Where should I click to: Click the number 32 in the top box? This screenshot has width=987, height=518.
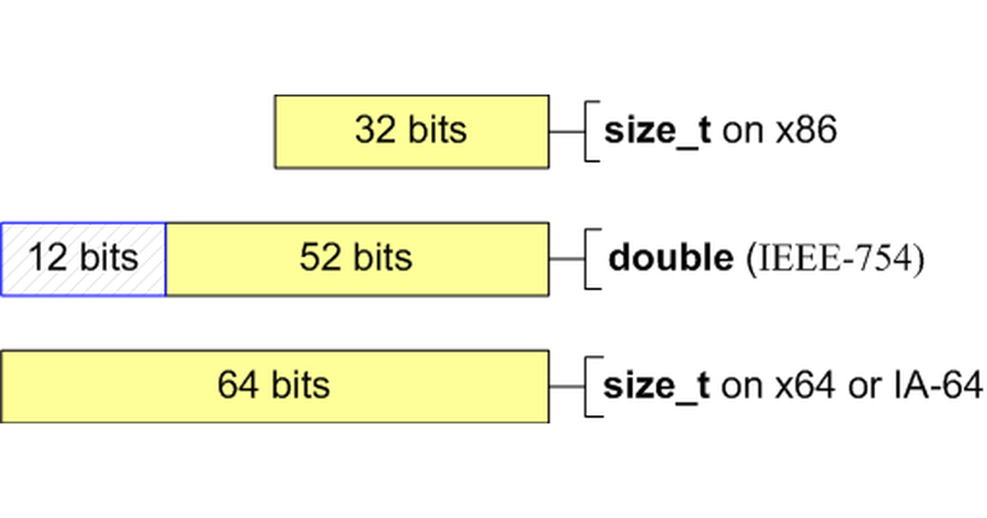[x=376, y=131]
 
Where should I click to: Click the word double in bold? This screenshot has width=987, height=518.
[x=670, y=258]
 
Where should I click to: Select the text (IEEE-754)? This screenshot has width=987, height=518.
[x=835, y=259]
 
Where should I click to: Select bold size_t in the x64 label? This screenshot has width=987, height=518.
[x=656, y=386]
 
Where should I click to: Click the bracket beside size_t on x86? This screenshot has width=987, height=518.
[x=590, y=132]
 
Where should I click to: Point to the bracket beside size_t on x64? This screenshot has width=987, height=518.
[x=590, y=386]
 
